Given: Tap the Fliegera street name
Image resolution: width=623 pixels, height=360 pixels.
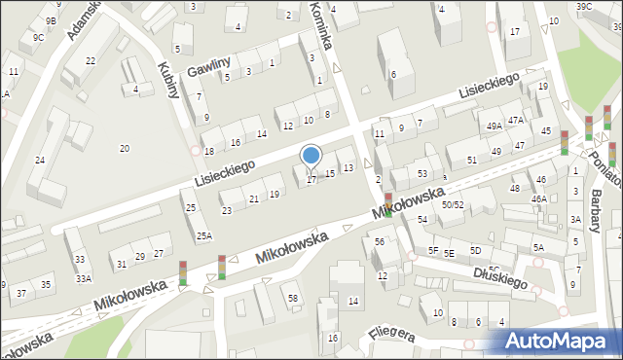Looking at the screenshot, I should tap(392, 336).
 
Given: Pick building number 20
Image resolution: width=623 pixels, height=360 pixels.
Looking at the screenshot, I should tap(124, 148).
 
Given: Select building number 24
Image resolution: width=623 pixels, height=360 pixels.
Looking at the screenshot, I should tap(40, 160).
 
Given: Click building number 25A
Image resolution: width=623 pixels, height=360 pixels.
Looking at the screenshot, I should tap(203, 235).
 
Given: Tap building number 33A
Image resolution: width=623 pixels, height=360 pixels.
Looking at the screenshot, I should tap(84, 278).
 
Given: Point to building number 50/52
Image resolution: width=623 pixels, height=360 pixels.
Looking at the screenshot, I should tap(452, 204).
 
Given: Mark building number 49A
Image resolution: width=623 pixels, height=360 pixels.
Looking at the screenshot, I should tap(495, 126).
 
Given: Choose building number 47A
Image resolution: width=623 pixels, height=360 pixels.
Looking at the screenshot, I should tap(516, 120).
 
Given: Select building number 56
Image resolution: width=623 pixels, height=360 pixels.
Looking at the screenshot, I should tap(380, 241).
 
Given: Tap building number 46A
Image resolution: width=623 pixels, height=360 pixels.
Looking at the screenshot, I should tap(538, 198).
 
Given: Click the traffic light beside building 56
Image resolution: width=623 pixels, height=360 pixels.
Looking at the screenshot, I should tap(387, 204).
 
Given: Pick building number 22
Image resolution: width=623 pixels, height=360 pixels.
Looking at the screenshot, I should tap(91, 60).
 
